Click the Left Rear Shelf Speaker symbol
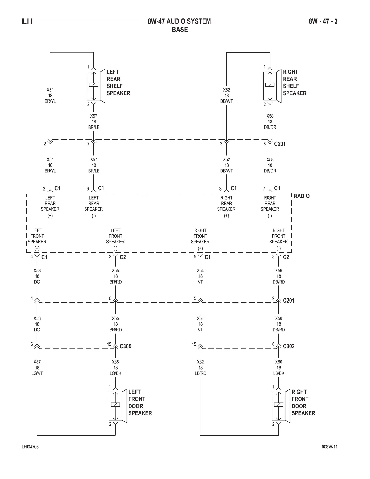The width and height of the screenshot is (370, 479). pyautogui.click(x=95, y=86)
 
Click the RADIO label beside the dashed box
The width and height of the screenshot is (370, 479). pyautogui.click(x=301, y=196)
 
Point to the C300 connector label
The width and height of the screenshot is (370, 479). pyautogui.click(x=125, y=346)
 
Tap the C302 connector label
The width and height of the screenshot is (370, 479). pyautogui.click(x=288, y=346)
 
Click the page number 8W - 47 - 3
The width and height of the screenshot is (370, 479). pyautogui.click(x=323, y=21)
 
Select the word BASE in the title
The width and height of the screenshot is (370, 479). pyautogui.click(x=180, y=30)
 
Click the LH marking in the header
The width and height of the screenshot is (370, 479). pyautogui.click(x=27, y=21)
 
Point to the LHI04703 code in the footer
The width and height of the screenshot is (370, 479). pyautogui.click(x=30, y=447)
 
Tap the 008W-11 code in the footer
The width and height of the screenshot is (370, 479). pyautogui.click(x=329, y=447)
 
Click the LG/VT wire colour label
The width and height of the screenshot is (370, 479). pyautogui.click(x=37, y=373)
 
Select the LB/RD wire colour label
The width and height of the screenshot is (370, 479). pyautogui.click(x=200, y=373)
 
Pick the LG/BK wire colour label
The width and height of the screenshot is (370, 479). pyautogui.click(x=115, y=373)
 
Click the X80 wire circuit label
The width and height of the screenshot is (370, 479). pyautogui.click(x=279, y=362)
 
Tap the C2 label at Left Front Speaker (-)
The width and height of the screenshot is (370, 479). pyautogui.click(x=123, y=257)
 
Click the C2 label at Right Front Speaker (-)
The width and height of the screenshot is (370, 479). pyautogui.click(x=286, y=257)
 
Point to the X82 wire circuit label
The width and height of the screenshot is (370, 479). pyautogui.click(x=200, y=362)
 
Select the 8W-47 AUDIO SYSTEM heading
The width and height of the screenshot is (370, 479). pyautogui.click(x=179, y=21)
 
